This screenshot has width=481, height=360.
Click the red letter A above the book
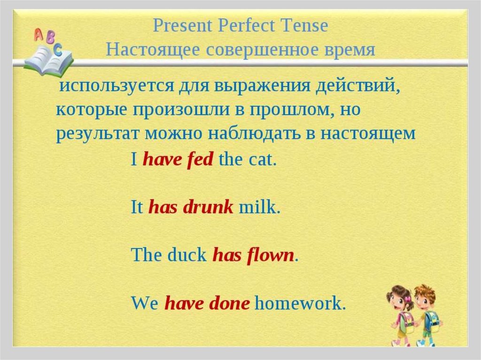pos(39,35)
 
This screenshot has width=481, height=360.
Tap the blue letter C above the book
pos(57,49)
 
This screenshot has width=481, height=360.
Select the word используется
pos(116,86)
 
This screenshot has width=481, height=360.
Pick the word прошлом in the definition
pos(289,110)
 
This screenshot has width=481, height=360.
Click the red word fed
pos(200,159)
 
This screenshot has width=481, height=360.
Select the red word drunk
pos(208,207)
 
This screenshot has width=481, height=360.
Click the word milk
pos(259,207)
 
